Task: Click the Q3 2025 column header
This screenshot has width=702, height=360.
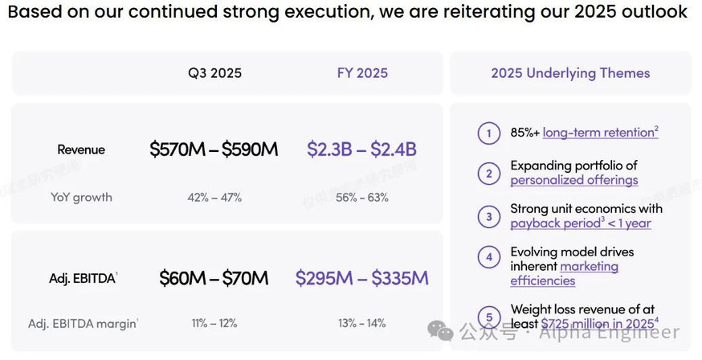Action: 214,73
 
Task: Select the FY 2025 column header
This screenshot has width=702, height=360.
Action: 362,73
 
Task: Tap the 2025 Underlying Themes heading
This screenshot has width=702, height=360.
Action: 570,73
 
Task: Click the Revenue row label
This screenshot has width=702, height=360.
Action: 81,149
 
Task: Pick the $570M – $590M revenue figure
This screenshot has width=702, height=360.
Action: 214,149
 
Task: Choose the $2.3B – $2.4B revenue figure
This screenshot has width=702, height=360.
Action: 361,149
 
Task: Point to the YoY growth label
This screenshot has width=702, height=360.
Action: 81,197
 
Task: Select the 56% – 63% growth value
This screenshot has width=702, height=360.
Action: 361,197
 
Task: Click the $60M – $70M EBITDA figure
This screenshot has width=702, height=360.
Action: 214,278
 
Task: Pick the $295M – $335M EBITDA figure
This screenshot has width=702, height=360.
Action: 361,278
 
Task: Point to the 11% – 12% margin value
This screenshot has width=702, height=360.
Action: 214,323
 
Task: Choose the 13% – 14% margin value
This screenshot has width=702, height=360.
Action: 361,323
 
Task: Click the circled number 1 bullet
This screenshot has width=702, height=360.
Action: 488,133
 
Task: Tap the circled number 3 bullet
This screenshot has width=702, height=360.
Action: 488,216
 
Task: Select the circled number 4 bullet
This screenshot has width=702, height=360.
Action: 488,258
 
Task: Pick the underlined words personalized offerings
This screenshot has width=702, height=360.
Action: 574,180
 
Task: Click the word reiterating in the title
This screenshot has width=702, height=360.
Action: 493,12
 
